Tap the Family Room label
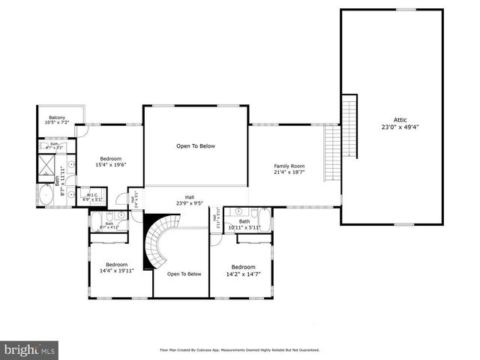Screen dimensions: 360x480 coord(289,166)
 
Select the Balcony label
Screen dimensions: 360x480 coord(57,118)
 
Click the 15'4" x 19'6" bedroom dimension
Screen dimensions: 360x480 coord(111,165)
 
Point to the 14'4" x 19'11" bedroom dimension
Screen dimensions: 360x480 coord(116,271)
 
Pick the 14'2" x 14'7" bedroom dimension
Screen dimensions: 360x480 coord(243,274)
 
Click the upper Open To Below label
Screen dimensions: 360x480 coord(196,146)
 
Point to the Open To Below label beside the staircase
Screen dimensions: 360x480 coord(184,274)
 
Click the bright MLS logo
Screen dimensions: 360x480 coord(30,349)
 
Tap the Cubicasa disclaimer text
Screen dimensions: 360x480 coord(240,349)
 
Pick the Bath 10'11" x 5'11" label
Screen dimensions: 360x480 coord(244,224)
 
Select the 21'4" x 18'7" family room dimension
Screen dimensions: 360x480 coord(289,172)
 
